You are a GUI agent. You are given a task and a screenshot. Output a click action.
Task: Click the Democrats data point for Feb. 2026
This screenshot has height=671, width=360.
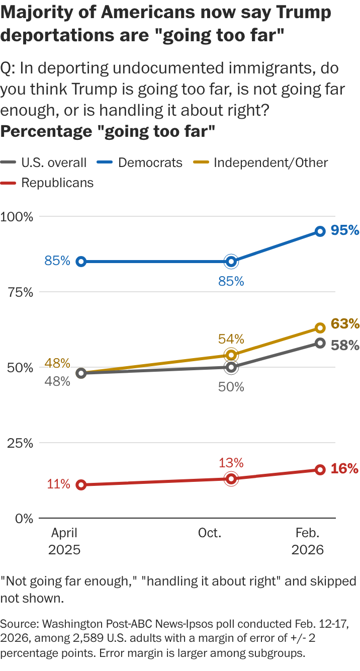click(320, 231)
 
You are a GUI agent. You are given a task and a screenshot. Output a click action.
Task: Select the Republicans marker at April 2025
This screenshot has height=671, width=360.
click(81, 485)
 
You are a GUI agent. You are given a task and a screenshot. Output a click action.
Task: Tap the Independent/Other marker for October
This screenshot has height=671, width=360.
click(231, 355)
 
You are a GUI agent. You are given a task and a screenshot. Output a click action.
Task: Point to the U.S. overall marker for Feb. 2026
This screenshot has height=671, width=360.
click(320, 343)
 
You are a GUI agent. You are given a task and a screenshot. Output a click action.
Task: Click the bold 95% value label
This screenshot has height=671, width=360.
click(345, 230)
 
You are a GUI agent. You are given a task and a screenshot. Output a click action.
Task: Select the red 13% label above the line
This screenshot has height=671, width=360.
click(231, 463)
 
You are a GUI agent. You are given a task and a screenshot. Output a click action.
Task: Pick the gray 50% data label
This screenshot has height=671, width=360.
click(231, 387)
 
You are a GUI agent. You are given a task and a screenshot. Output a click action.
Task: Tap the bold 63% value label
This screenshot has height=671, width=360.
click(345, 323)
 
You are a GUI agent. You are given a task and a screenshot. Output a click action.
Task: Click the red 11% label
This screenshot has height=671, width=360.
click(59, 485)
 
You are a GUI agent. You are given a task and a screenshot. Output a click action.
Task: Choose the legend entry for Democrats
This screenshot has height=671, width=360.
click(143, 162)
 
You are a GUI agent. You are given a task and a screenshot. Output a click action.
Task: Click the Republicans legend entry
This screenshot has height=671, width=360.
click(50, 183)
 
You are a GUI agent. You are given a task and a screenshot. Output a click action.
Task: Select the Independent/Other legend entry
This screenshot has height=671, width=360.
click(263, 162)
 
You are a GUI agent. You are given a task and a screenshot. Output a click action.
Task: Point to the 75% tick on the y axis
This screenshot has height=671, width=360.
click(20, 292)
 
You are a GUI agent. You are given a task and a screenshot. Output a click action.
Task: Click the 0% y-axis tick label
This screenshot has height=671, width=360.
click(23, 518)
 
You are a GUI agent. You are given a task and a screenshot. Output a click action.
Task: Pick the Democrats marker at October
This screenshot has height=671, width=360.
click(231, 262)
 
